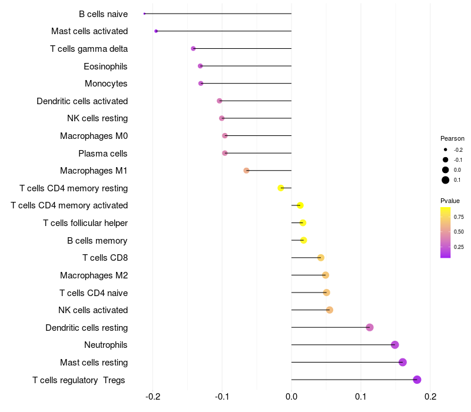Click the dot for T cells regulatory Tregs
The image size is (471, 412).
[417, 380]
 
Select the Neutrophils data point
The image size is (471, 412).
[394, 345]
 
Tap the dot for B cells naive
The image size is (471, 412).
[144, 14]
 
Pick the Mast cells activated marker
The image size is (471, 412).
[156, 31]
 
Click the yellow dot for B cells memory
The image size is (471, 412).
[304, 240]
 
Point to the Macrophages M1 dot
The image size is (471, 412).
[247, 171]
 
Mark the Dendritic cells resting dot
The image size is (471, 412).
[370, 327]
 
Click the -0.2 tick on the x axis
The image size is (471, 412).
[152, 396]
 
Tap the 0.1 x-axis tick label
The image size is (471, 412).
[361, 396]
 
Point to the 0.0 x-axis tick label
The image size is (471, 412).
[291, 396]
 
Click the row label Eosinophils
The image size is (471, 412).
[105, 66]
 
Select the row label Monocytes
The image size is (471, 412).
[106, 84]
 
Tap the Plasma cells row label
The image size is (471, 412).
[102, 154]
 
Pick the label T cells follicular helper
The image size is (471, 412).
[85, 223]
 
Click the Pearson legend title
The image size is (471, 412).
[452, 138]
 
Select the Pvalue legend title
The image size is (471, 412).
[450, 201]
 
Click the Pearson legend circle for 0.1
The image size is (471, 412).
[446, 180]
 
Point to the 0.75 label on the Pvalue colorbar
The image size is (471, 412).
[459, 217]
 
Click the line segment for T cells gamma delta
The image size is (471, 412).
[242, 48]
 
